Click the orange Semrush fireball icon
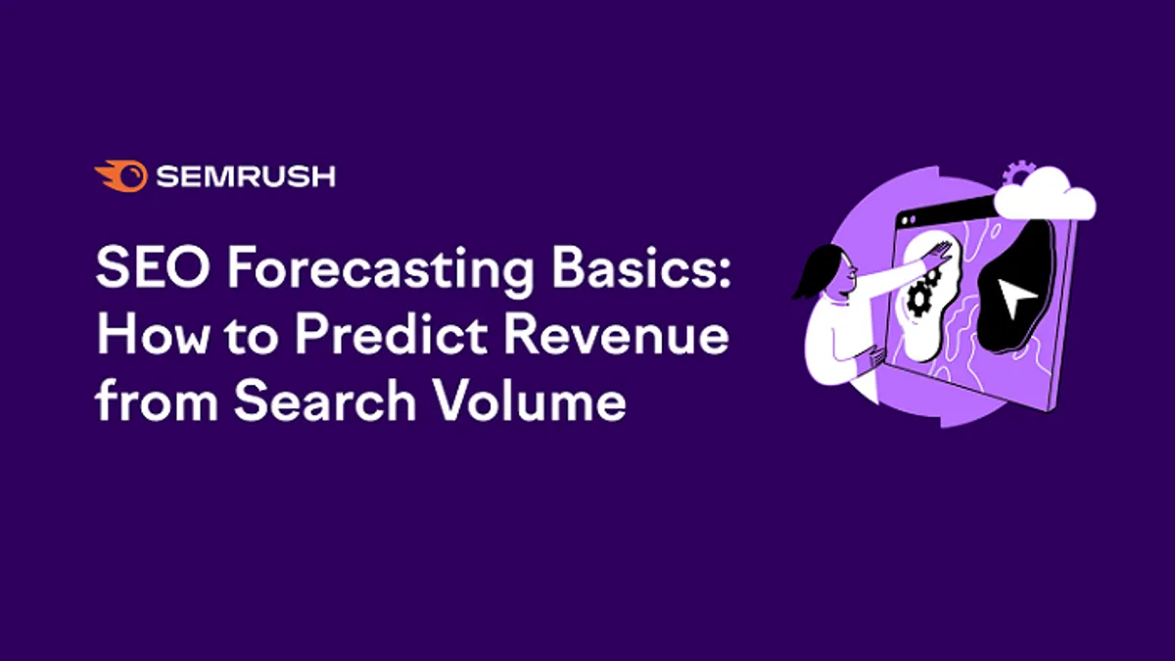[x=121, y=175]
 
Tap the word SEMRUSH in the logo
[x=246, y=176]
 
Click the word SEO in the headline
[x=153, y=267]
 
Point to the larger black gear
[x=918, y=298]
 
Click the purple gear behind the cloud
[x=1016, y=173]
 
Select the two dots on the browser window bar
[x=909, y=219]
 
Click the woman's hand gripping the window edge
[x=876, y=359]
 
